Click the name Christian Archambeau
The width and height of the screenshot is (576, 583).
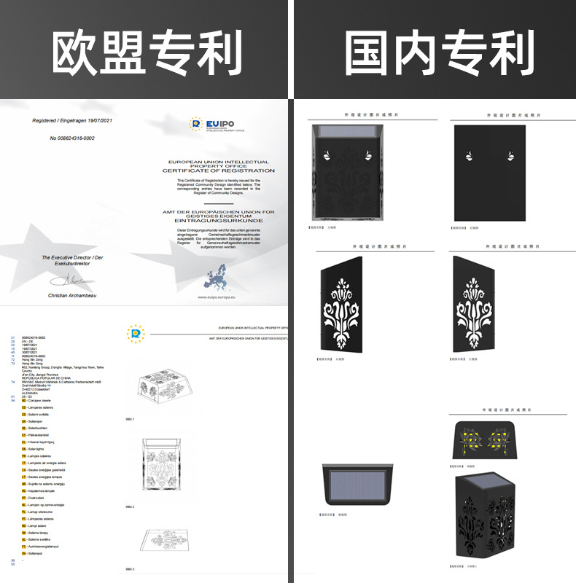click(x=71, y=295)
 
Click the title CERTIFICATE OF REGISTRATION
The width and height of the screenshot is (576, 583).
click(x=218, y=171)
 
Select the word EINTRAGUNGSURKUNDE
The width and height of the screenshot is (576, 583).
click(x=219, y=220)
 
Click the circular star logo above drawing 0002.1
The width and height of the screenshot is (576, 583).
click(x=135, y=334)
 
